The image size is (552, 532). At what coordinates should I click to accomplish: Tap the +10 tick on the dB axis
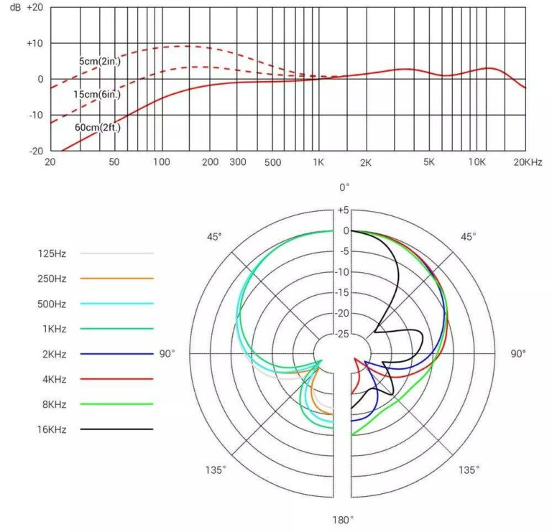point(34,43)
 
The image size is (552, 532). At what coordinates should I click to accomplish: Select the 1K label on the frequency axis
point(318,162)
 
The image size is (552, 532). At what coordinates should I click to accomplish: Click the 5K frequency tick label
point(429,162)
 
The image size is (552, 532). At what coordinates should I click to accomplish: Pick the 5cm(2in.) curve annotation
point(100,62)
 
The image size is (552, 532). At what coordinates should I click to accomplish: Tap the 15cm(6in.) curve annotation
point(96,94)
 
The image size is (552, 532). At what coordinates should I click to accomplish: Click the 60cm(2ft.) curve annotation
point(97,127)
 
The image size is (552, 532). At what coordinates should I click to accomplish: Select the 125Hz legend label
point(52,253)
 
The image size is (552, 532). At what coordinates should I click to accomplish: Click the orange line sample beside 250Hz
point(116,278)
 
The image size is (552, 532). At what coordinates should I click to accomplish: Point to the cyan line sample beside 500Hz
point(116,303)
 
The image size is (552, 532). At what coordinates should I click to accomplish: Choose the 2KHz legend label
point(52,353)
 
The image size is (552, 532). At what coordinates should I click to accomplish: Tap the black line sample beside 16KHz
point(116,429)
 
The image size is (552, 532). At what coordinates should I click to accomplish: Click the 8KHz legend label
point(52,403)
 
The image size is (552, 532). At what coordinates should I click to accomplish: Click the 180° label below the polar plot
point(344,520)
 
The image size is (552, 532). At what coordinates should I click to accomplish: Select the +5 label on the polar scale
point(343,210)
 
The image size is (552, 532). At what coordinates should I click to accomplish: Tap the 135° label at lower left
point(215,470)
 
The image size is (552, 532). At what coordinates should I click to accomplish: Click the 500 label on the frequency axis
point(272,162)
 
